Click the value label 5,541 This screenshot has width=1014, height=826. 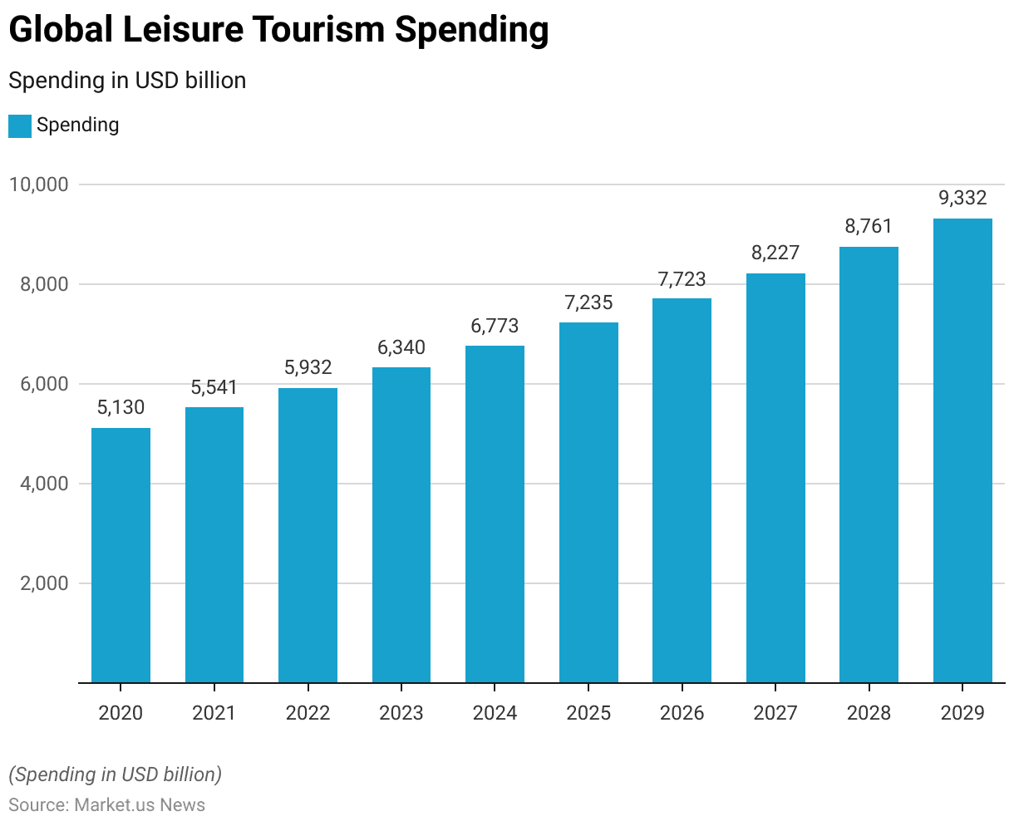coord(214,387)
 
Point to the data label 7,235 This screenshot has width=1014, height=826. coord(588,302)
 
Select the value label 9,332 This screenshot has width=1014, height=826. coord(962,198)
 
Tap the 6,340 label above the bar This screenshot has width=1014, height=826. coord(401,347)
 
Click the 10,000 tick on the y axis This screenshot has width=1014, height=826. coord(38,184)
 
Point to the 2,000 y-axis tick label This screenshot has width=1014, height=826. coord(43,583)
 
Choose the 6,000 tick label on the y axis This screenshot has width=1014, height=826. coord(43,384)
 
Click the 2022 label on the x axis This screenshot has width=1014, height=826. coord(308,713)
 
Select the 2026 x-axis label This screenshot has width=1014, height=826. coord(682,713)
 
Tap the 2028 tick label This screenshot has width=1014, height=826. coord(869,713)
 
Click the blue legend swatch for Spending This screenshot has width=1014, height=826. coord(20,126)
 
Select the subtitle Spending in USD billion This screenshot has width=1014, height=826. coord(127,81)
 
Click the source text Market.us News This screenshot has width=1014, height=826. coord(140,804)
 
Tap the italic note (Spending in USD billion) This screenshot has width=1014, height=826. coord(116,774)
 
